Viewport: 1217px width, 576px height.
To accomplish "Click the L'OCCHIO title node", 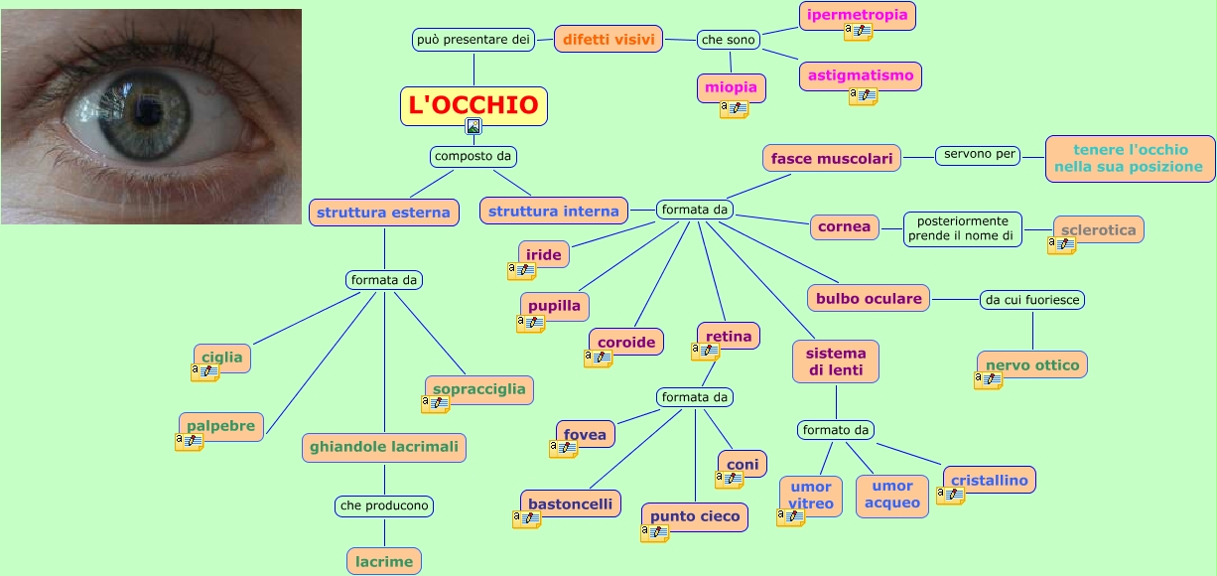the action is click(473, 104).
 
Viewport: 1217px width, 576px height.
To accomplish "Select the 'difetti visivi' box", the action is click(608, 40).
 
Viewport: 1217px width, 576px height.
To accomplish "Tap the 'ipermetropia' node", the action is click(857, 15).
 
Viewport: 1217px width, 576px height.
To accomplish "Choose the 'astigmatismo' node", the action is click(861, 74).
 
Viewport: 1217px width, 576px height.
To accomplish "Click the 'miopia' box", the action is click(731, 87).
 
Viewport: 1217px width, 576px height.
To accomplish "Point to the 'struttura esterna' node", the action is click(384, 212).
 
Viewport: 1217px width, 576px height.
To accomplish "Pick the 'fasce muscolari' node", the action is click(832, 158).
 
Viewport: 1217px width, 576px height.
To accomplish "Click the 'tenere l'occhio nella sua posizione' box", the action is click(1130, 159).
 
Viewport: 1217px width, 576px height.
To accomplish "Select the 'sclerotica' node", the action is click(1098, 229).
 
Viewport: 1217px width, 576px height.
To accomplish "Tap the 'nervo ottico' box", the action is click(1031, 364).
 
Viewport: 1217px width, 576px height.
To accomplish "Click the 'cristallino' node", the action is click(989, 480).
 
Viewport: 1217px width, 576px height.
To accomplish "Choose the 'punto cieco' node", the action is click(694, 516).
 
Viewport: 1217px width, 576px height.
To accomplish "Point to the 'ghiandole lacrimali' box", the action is click(384, 447).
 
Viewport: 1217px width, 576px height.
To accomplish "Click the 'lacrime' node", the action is click(384, 561).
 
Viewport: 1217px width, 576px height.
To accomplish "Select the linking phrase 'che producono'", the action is click(384, 505).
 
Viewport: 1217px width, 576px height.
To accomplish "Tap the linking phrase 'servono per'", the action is click(979, 155).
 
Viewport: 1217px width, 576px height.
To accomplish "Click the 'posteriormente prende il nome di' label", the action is click(962, 228).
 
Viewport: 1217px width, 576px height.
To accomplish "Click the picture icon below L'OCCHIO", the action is click(473, 126).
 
